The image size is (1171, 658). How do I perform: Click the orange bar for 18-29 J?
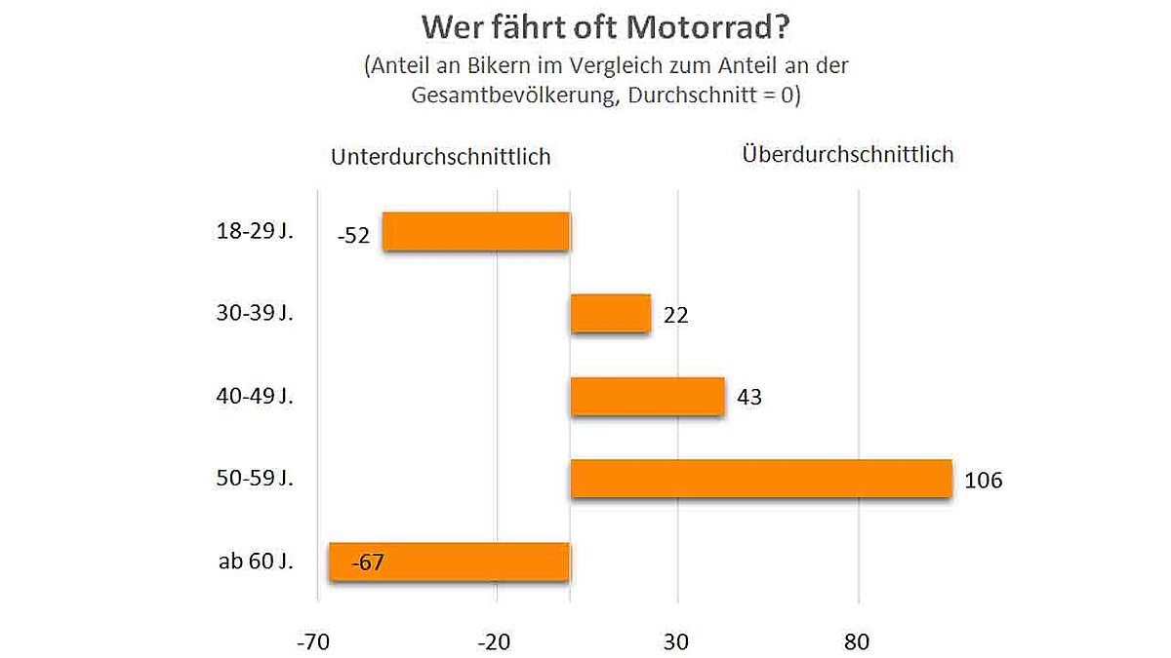pyautogui.click(x=475, y=231)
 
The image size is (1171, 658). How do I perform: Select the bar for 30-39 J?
pyautogui.click(x=610, y=314)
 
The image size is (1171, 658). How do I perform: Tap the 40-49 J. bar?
pyautogui.click(x=647, y=397)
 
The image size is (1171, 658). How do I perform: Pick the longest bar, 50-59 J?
pyautogui.click(x=760, y=479)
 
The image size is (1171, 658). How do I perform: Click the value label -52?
pyautogui.click(x=353, y=236)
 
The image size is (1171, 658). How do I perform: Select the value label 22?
pyautogui.click(x=675, y=316)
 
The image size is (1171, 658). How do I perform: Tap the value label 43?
pyautogui.click(x=749, y=398)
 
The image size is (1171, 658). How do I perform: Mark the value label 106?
pyautogui.click(x=984, y=481)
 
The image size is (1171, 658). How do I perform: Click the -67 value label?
pyautogui.click(x=368, y=562)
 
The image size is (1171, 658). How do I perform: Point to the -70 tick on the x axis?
pyautogui.click(x=318, y=642)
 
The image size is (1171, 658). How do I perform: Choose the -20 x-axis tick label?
pyautogui.click(x=496, y=642)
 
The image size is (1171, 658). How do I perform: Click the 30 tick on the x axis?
pyautogui.click(x=677, y=642)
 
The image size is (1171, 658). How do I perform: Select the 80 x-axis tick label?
pyautogui.click(x=857, y=642)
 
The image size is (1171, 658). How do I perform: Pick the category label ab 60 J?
pyautogui.click(x=257, y=562)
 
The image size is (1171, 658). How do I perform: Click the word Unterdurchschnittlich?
pyautogui.click(x=441, y=157)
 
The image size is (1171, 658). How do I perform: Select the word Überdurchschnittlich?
pyautogui.click(x=847, y=154)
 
